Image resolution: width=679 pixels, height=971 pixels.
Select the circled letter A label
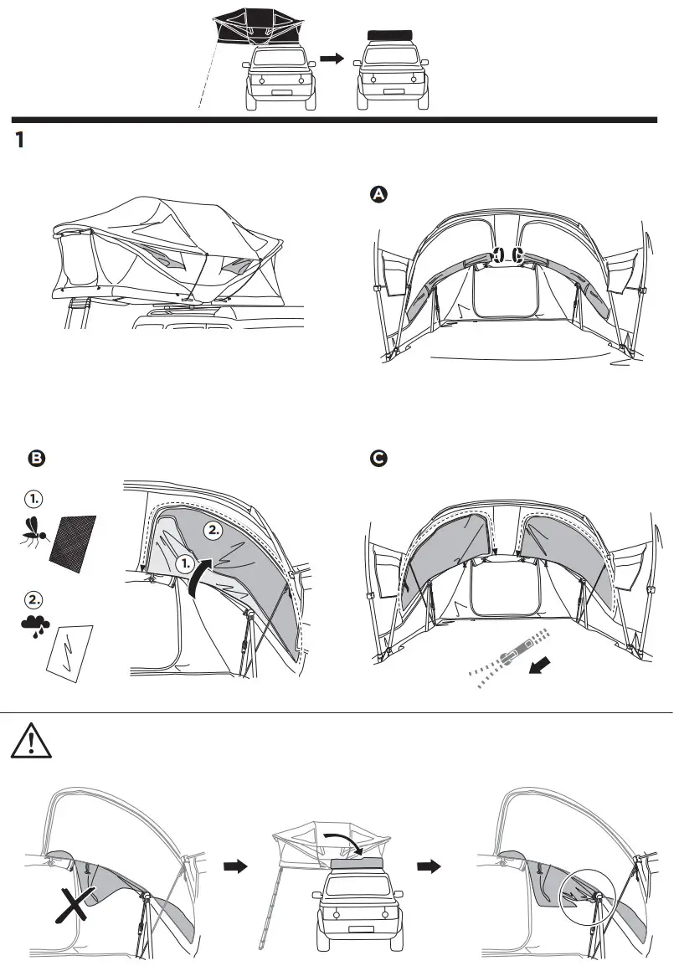point(378,194)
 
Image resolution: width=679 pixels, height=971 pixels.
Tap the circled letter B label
point(35,458)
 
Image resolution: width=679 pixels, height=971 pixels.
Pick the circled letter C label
point(378,459)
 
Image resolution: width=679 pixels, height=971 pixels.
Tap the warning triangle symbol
point(29,741)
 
